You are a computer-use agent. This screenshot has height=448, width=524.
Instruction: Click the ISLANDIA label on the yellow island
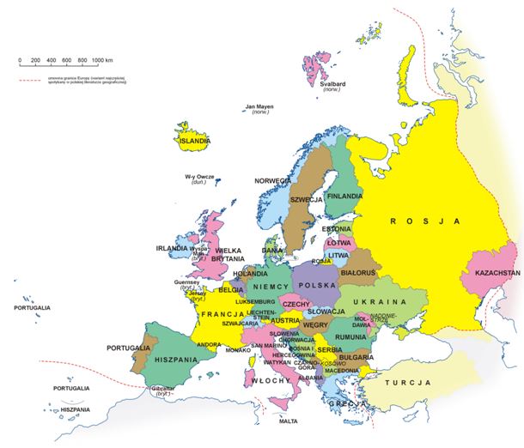click(x=194, y=140)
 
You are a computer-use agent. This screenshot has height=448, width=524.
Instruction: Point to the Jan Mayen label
click(x=259, y=107)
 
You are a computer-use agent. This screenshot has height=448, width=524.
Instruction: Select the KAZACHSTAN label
click(x=492, y=273)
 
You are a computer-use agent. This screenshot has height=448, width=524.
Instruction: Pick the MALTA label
click(x=289, y=421)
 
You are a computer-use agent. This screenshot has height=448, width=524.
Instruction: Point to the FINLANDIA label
click(x=344, y=196)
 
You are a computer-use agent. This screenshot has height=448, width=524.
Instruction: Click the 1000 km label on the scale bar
click(x=103, y=60)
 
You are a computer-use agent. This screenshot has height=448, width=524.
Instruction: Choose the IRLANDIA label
click(x=172, y=248)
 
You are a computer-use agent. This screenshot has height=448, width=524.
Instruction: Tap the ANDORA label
click(x=210, y=345)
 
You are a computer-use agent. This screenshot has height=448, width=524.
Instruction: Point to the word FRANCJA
click(x=218, y=315)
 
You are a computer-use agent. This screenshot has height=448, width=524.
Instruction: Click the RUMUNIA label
click(x=350, y=337)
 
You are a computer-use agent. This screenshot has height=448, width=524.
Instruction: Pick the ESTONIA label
click(x=337, y=229)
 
